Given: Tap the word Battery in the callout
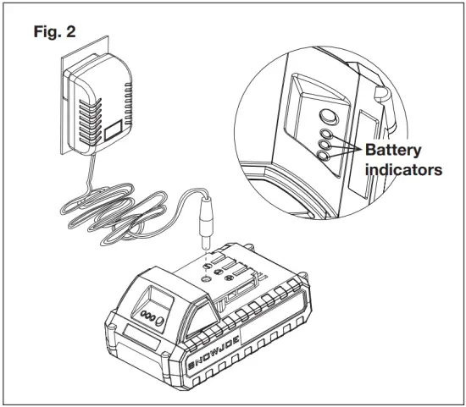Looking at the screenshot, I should pyautogui.click(x=392, y=150).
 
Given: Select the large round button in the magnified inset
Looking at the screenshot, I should pyautogui.click(x=326, y=116).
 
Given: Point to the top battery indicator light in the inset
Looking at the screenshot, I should pyautogui.click(x=325, y=133).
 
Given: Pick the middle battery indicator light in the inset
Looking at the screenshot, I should pyautogui.click(x=325, y=145).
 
